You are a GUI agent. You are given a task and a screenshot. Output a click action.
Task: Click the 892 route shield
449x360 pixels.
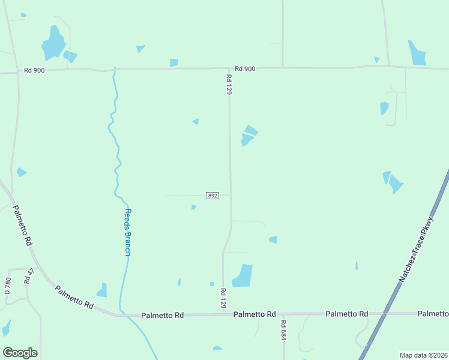click(x=212, y=196)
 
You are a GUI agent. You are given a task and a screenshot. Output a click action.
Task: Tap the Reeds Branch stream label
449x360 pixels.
click(x=127, y=232)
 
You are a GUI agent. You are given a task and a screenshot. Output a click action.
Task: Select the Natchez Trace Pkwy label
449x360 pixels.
click(x=417, y=250)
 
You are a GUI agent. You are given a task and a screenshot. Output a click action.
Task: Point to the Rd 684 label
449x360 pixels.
click(x=283, y=330)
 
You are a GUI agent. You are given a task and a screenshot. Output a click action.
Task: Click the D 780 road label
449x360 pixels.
click(x=8, y=284)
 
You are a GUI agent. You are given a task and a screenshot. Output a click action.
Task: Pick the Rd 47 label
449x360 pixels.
click(x=27, y=276)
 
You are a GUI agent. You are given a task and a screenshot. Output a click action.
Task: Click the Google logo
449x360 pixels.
click(x=20, y=353)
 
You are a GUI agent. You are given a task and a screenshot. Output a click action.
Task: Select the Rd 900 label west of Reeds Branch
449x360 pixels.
click(x=34, y=70)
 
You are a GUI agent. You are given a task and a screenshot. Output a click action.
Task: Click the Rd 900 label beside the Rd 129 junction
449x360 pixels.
click(x=245, y=68)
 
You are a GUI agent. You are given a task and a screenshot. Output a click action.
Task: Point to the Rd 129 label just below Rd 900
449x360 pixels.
click(x=229, y=85)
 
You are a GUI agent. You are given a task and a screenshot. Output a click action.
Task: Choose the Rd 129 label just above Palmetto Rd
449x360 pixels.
click(x=223, y=298)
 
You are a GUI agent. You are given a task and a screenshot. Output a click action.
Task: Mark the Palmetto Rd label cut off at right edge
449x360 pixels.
click(x=433, y=314)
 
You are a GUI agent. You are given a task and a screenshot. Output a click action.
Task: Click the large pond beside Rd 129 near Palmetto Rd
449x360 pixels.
click(x=243, y=275)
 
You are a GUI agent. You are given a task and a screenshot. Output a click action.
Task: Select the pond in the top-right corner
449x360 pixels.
click(x=417, y=53)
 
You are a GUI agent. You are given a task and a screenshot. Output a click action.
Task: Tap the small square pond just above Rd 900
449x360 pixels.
click(x=173, y=62)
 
